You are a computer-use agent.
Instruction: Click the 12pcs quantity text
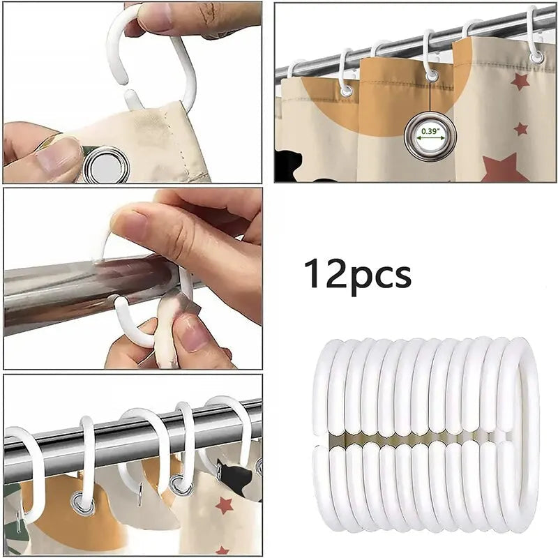(x=357, y=273)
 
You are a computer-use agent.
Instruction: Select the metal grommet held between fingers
(x=104, y=165)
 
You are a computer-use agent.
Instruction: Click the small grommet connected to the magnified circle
(x=432, y=75)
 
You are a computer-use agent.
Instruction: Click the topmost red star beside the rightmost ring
(x=520, y=82)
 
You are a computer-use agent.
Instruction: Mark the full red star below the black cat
(x=223, y=505)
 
